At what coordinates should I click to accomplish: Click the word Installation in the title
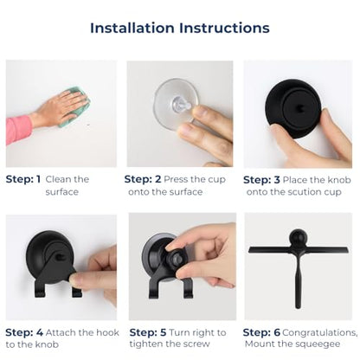tap(132, 28)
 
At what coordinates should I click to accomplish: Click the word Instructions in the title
tap(224, 28)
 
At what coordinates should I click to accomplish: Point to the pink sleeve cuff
tap(17, 130)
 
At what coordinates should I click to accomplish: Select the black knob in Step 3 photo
tap(292, 108)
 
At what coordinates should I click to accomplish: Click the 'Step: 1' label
tap(23, 179)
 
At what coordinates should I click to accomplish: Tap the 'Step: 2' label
tap(143, 179)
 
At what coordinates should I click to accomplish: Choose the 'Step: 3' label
tap(261, 180)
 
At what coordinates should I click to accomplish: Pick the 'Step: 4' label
tap(24, 332)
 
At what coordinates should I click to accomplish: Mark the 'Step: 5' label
tap(148, 332)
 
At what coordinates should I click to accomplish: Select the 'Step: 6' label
tap(261, 332)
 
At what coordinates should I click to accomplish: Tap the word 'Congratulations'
tap(319, 333)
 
